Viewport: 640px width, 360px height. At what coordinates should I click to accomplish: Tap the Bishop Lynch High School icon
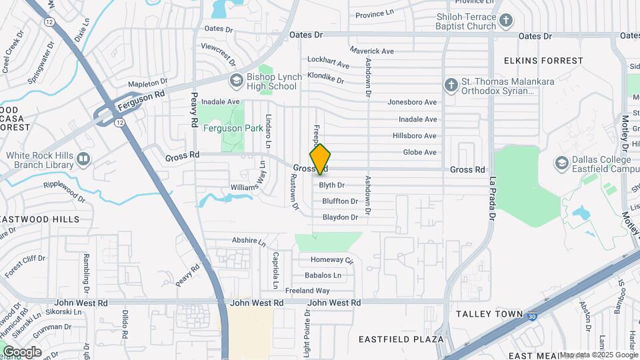tap(235, 81)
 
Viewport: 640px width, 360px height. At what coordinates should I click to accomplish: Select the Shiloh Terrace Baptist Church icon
tap(506, 21)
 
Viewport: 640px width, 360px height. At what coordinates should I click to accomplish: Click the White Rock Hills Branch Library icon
tap(83, 159)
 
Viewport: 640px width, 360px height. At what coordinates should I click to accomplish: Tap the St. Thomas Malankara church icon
tap(451, 85)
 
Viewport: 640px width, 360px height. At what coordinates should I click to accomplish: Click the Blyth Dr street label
tap(331, 185)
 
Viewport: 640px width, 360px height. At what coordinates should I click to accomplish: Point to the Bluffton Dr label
tap(340, 201)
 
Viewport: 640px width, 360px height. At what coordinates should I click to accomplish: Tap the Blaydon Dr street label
tap(340, 217)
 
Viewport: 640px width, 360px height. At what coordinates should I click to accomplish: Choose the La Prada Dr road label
tap(493, 199)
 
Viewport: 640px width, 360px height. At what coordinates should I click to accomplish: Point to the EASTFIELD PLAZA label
tap(401, 339)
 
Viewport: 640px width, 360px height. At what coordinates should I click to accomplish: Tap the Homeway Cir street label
tap(331, 259)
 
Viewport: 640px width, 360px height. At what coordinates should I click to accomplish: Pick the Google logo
tap(21, 351)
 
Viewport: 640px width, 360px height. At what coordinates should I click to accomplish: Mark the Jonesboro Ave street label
tap(412, 102)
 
